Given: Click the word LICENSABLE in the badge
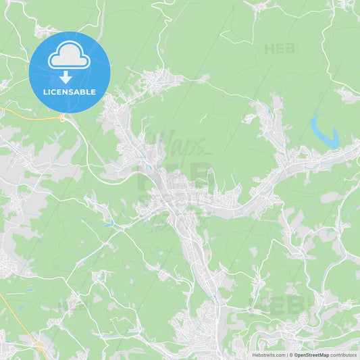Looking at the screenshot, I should (70, 92).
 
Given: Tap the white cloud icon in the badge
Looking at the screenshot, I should (70, 56).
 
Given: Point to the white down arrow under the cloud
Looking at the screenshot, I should (66, 76).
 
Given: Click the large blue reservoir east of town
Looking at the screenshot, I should (324, 134).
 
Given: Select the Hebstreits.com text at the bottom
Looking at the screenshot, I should (269, 355).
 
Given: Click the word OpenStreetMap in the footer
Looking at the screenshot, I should (311, 355).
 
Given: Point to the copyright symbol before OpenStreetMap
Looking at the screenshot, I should (291, 355).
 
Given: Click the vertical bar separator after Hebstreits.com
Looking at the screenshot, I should (286, 355).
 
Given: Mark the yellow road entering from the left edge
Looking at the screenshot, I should (27, 113).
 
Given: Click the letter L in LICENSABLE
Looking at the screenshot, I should (45, 92).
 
